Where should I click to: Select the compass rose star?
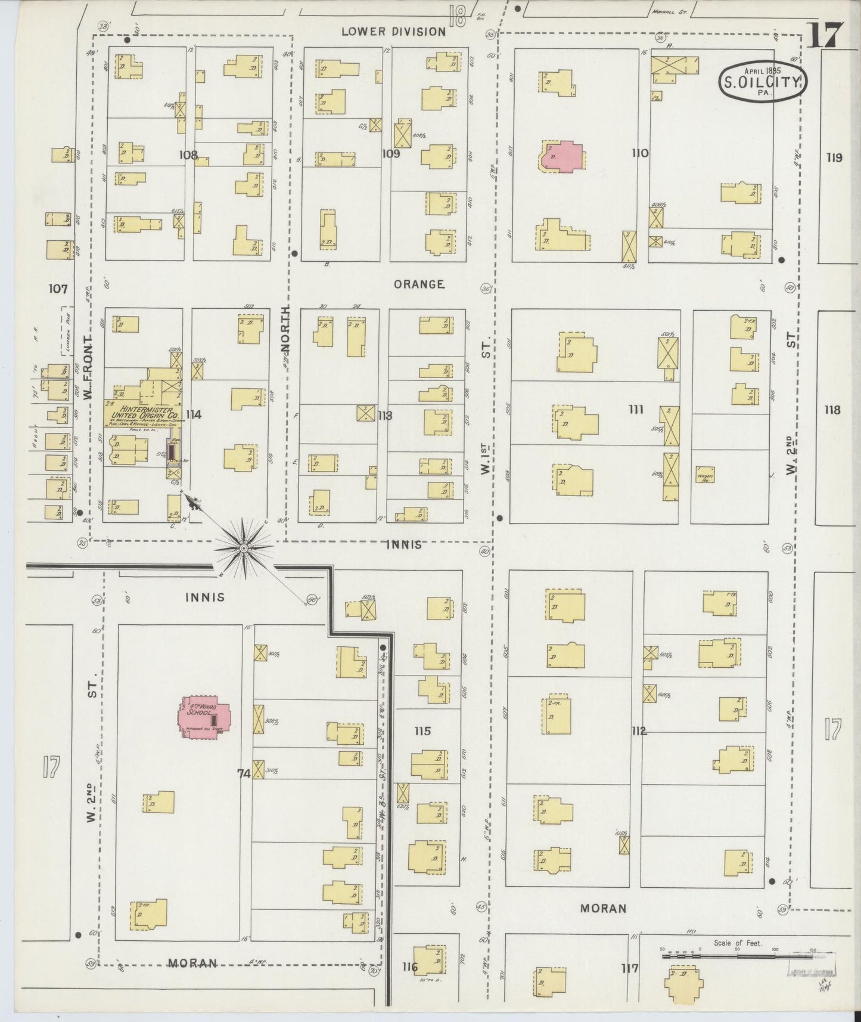(x=244, y=547)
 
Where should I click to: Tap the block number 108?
(x=188, y=155)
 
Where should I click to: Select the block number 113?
(x=385, y=416)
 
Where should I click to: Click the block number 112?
(x=639, y=731)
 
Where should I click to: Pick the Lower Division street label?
(x=393, y=32)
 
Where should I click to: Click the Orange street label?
(x=419, y=284)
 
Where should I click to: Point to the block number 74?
(x=244, y=773)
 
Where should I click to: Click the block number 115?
(x=422, y=731)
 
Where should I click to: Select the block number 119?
(x=834, y=158)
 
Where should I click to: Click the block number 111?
(x=636, y=409)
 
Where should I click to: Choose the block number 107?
(x=58, y=289)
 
